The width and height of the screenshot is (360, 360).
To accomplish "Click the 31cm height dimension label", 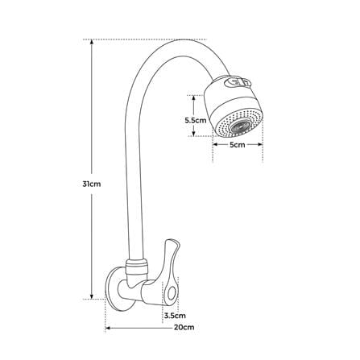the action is pyautogui.click(x=92, y=184).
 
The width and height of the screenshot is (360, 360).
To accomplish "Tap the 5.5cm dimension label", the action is pyautogui.click(x=196, y=120).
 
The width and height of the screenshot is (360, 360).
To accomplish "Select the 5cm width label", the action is pyautogui.click(x=238, y=145).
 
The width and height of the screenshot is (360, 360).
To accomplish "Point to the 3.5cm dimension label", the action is pyautogui.click(x=175, y=315).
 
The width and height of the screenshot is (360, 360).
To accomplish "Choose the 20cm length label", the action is pyautogui.click(x=184, y=327).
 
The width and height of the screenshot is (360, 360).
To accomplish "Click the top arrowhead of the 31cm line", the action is pyautogui.click(x=92, y=42).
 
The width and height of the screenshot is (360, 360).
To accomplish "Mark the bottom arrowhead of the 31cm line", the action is pyautogui.click(x=92, y=296).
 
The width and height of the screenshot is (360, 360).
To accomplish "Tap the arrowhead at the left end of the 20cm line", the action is pyautogui.click(x=108, y=328).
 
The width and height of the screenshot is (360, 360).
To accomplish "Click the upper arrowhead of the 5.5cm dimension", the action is pyautogui.click(x=193, y=98).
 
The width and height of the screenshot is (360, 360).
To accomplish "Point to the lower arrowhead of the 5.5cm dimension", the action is pyautogui.click(x=193, y=133).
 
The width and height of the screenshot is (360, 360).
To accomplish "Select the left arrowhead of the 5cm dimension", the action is pyautogui.click(x=216, y=144).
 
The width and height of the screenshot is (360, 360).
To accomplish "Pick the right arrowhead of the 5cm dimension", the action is pyautogui.click(x=260, y=144).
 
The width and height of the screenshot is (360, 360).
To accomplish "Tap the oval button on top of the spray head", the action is pyautogui.click(x=238, y=82).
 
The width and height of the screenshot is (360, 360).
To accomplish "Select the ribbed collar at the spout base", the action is pyautogui.click(x=137, y=266).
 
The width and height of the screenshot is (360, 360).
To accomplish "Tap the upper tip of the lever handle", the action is pyautogui.click(x=170, y=241).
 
